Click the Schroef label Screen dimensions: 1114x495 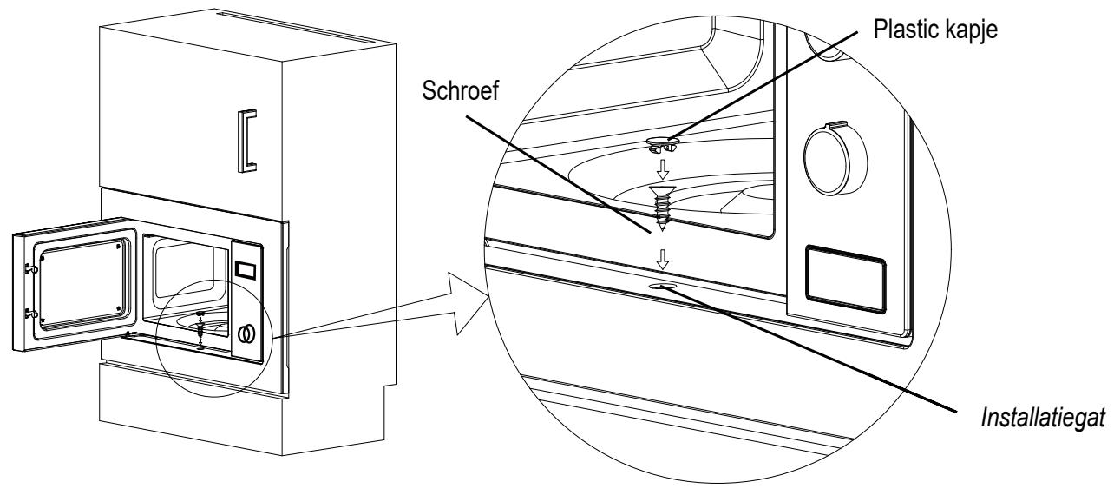[x=460, y=91]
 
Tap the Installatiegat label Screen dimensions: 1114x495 [x=1043, y=418]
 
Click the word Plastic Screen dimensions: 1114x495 [x=905, y=29]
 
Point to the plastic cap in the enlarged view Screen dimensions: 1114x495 [x=663, y=143]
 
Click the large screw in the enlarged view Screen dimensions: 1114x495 [x=662, y=208]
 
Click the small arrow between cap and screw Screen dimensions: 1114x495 [x=663, y=169]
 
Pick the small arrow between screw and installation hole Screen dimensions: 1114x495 [x=662, y=260]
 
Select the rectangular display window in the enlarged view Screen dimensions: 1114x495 [x=845, y=280]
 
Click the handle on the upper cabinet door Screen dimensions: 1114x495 [x=247, y=141]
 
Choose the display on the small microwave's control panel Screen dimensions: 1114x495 [x=246, y=270]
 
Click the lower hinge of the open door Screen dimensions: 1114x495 [x=32, y=313]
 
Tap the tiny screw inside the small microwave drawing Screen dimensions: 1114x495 [x=200, y=332]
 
